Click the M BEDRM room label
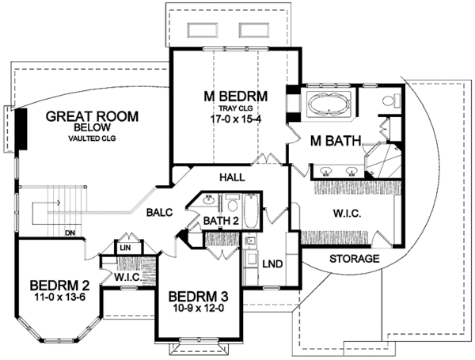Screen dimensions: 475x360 (x=236, y=97)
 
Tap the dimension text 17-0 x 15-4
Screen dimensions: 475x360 (x=236, y=119)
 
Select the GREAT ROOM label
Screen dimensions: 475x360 (x=92, y=116)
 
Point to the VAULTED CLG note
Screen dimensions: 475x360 (x=92, y=138)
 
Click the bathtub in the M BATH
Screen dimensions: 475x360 (x=329, y=104)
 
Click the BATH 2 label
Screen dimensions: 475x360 (x=221, y=221)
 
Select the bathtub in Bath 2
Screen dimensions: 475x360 (x=251, y=211)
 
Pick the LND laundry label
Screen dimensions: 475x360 (x=272, y=264)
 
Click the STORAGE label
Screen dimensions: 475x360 (x=355, y=259)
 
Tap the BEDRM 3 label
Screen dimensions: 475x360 (x=199, y=297)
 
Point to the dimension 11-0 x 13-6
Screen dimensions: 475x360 (x=59, y=297)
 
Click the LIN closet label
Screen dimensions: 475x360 (x=125, y=248)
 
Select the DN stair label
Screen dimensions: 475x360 (x=70, y=233)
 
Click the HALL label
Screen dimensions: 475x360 (x=232, y=177)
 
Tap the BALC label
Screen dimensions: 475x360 (x=159, y=213)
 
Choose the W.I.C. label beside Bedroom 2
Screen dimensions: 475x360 (x=127, y=277)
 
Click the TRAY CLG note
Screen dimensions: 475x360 (x=236, y=108)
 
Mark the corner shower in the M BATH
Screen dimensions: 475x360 (x=383, y=161)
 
